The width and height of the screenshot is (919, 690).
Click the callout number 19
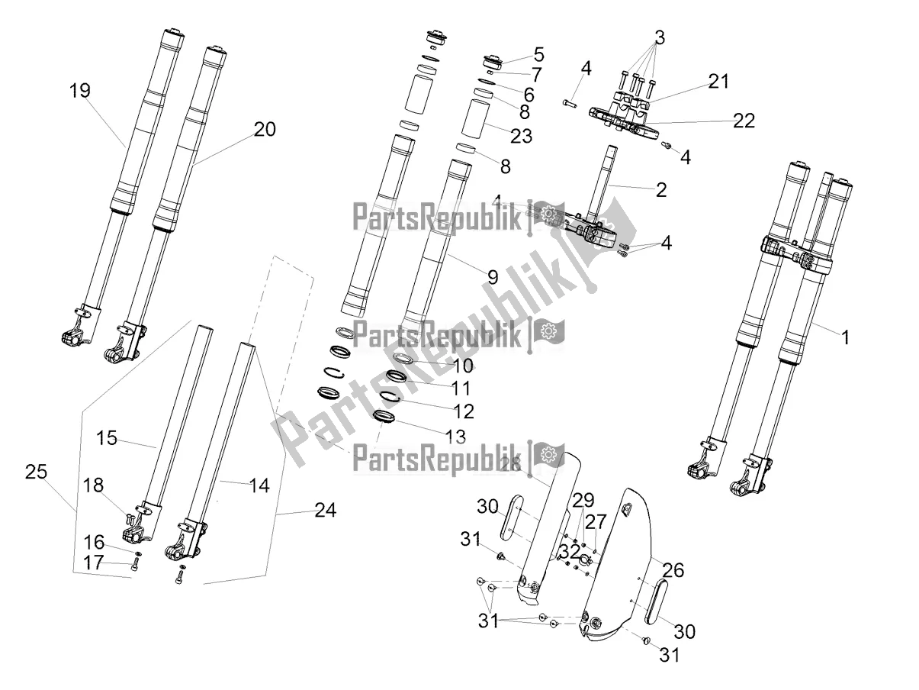click(x=79, y=92)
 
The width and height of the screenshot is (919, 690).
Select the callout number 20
click(x=265, y=130)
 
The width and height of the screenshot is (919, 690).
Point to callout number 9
click(x=493, y=279)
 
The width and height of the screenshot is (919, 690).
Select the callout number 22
click(x=744, y=121)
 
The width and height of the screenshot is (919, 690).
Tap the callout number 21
click(x=718, y=82)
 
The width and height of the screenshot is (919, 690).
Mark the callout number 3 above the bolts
click(x=659, y=37)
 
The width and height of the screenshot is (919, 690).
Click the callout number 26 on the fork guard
click(x=673, y=569)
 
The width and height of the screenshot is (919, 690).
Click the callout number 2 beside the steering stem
click(x=660, y=190)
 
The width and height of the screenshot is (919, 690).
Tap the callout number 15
click(x=107, y=439)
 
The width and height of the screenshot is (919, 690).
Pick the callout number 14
click(x=259, y=485)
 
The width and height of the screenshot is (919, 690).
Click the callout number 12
click(x=463, y=412)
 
